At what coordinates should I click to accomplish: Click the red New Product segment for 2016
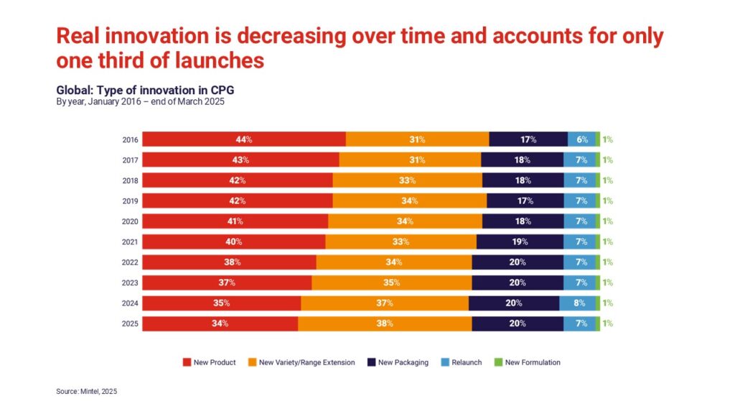click(244, 139)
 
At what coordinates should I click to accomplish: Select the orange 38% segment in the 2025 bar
click(385, 323)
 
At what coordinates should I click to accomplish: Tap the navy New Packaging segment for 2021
click(520, 241)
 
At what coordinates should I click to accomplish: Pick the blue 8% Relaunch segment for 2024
click(578, 303)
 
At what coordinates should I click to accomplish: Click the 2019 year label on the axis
click(130, 201)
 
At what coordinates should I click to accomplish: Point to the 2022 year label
click(130, 262)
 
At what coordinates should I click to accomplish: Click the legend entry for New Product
click(210, 362)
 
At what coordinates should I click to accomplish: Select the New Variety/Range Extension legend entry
click(301, 362)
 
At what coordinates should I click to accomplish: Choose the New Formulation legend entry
click(528, 362)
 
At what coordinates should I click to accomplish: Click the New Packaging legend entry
click(398, 362)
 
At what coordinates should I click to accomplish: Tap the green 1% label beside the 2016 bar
click(607, 139)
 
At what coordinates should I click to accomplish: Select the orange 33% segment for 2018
click(407, 180)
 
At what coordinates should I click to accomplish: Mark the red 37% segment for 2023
click(227, 282)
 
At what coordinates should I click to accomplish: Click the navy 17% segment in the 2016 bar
click(528, 139)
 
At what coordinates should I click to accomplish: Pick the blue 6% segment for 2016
click(581, 139)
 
